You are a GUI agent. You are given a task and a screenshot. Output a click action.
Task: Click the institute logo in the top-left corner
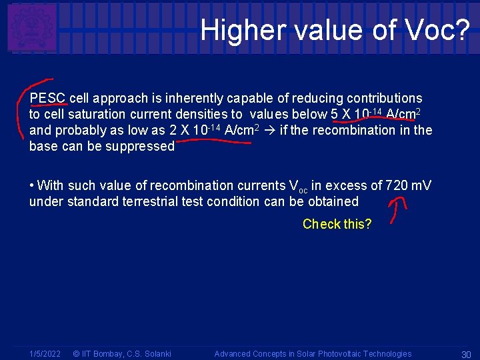click(31, 28)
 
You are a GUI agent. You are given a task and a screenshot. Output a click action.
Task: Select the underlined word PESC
click(47, 98)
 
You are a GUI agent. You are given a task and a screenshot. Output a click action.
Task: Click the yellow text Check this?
click(337, 224)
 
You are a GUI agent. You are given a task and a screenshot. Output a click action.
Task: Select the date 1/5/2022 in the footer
click(45, 353)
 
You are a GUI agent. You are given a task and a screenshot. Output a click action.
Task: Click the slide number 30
click(466, 354)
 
